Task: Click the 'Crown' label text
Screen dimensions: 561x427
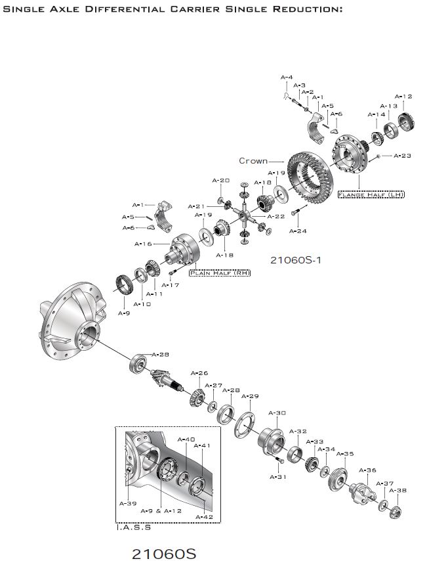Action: (253, 161)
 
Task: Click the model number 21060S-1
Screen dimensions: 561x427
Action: (295, 259)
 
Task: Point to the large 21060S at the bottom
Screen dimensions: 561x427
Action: (164, 553)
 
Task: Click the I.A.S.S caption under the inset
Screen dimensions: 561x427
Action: (133, 527)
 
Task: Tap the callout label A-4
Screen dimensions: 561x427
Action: (287, 78)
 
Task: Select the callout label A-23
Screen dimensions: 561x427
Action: (402, 156)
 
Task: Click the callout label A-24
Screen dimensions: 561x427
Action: (298, 231)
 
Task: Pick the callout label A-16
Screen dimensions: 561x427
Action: (143, 244)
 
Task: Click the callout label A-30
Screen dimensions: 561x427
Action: (277, 413)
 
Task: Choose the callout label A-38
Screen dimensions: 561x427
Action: (398, 490)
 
